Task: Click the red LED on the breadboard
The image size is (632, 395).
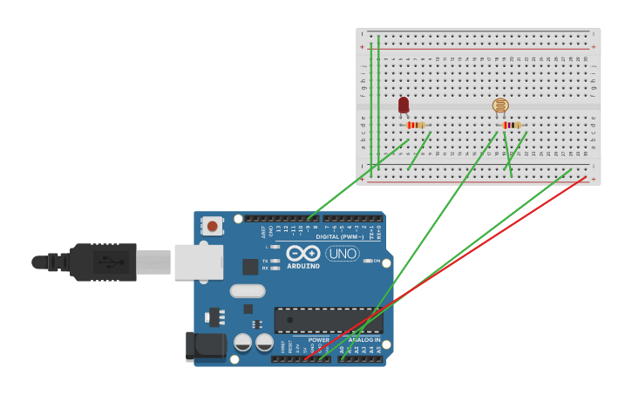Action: pos(404,105)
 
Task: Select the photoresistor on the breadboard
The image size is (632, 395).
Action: pos(499,106)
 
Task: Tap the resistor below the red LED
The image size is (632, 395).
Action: pos(416,125)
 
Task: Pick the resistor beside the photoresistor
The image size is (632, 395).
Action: pos(512,125)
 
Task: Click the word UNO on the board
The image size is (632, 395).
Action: pos(343,253)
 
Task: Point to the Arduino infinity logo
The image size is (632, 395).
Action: pos(302,253)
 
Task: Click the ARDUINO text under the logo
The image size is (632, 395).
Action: pos(302,265)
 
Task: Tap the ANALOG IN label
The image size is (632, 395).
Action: pos(364,339)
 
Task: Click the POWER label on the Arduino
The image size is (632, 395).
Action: pos(318,339)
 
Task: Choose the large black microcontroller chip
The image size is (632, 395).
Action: pos(328,319)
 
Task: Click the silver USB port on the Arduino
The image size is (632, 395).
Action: pos(199,262)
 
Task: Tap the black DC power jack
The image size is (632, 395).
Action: pos(206,346)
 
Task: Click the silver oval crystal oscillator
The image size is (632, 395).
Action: pos(248,290)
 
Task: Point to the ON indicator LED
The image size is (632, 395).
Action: pos(367,261)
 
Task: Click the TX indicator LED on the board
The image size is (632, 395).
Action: pos(275,261)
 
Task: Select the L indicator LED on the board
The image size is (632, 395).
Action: pos(275,248)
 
